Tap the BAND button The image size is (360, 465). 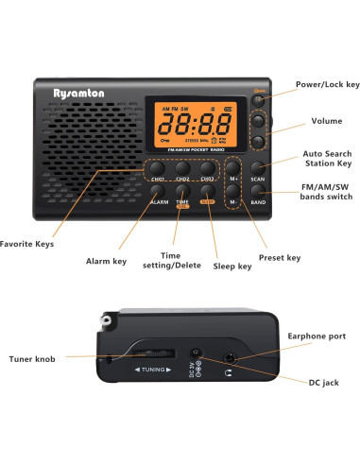[257, 191]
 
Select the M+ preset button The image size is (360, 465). [232, 168]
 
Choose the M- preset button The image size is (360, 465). [232, 191]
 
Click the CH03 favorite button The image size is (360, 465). [207, 169]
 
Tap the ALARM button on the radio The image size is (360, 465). [158, 192]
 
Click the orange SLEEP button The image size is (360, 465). [207, 192]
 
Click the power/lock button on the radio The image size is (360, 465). [257, 99]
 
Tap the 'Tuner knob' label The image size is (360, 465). [29, 356]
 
